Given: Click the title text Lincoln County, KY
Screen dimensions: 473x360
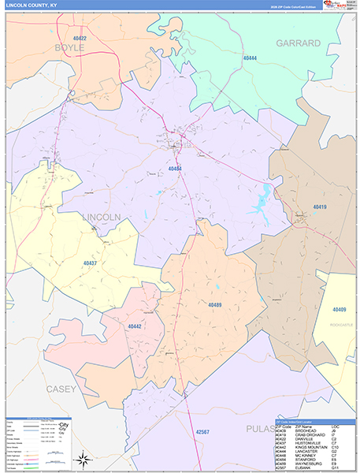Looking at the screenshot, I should [x=32, y=6].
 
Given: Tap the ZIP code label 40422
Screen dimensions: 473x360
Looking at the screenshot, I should [x=77, y=39].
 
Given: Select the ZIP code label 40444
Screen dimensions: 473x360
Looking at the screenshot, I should [x=251, y=58].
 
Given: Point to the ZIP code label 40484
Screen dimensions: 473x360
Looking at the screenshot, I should [x=175, y=169].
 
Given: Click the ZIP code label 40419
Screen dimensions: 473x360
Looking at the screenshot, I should [x=319, y=207].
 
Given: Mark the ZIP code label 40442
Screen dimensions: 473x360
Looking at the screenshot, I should [x=135, y=326].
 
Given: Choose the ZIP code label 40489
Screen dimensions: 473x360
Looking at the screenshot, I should [x=216, y=305].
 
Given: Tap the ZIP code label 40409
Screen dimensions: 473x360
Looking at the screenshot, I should [x=340, y=310].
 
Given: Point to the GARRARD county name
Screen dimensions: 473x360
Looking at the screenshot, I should [x=298, y=43].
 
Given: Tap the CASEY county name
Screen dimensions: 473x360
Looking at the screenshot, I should [x=61, y=389].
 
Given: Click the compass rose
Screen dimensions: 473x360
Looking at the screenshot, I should [x=82, y=459].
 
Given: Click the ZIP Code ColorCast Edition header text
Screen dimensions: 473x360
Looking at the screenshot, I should [x=285, y=7].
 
